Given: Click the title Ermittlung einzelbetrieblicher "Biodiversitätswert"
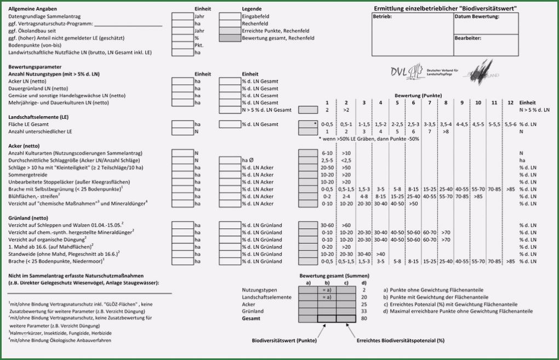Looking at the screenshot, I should [445, 8].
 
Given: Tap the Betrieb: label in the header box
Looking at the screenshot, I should [382, 16].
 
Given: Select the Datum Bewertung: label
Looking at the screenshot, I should [477, 16].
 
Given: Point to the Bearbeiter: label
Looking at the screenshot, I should [468, 38].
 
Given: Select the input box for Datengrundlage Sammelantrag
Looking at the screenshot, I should [181, 16].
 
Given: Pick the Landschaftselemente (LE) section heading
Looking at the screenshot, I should [38, 117].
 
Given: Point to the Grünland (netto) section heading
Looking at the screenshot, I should [29, 218].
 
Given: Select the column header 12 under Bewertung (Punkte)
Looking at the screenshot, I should [511, 103].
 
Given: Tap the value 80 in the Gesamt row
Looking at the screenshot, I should [364, 318].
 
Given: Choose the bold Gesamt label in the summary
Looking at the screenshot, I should [250, 318].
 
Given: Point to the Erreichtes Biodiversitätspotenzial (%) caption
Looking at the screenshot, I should [400, 340].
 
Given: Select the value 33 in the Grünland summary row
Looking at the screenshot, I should [364, 311].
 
